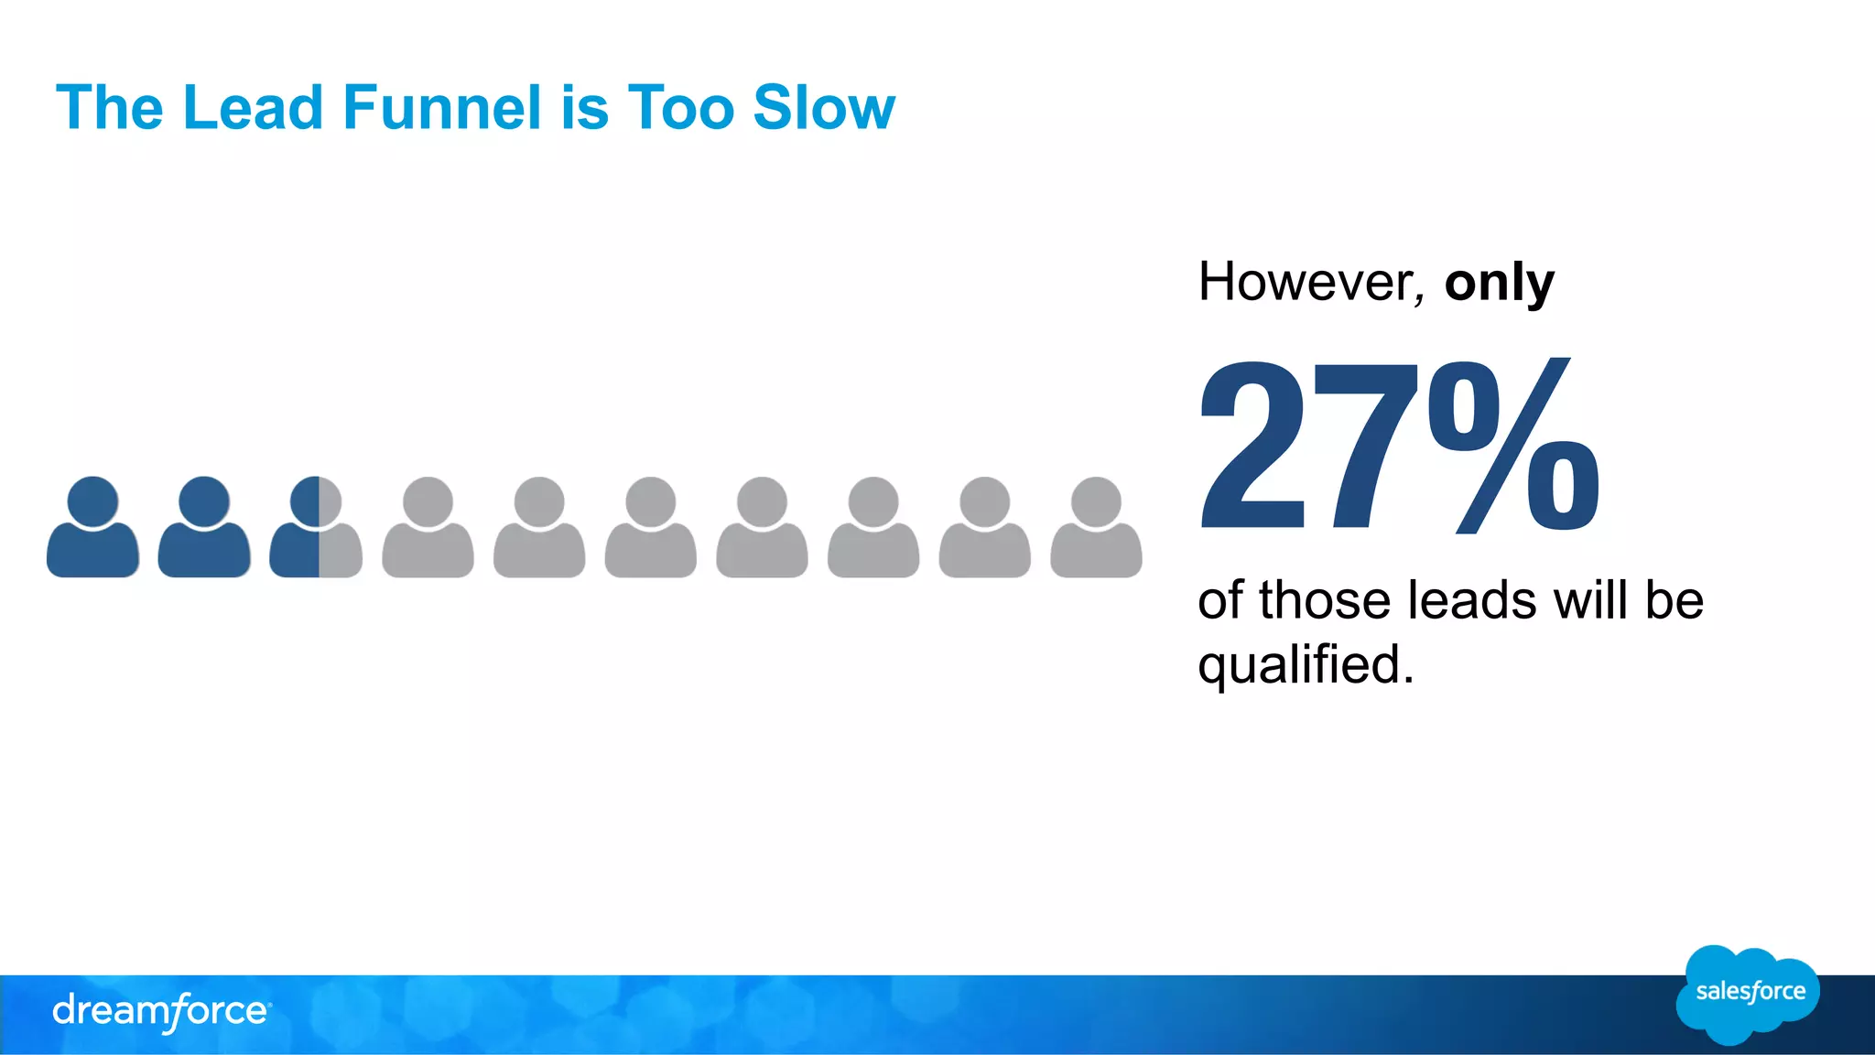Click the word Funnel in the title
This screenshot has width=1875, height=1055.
point(442,108)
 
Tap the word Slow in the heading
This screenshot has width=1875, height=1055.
point(823,108)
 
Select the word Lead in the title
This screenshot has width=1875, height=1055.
point(253,108)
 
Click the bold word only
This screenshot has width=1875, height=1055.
point(1499,283)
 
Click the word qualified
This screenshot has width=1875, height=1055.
point(1306,664)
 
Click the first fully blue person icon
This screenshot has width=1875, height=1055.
point(92,528)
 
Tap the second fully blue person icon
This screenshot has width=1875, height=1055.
point(204,528)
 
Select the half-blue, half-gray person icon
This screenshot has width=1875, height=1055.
point(316,528)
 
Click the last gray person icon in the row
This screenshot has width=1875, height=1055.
point(1096,528)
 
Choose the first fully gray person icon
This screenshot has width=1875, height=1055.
point(428,528)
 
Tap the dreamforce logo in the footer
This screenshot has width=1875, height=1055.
point(161,1012)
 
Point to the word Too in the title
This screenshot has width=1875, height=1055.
point(680,108)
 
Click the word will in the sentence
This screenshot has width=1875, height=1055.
point(1594,601)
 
